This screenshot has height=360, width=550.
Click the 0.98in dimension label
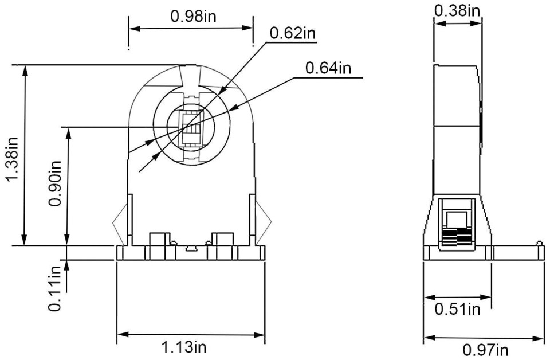193,16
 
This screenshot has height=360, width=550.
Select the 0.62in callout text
293,33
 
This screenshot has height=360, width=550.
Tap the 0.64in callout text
328,68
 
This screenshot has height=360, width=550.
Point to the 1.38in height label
12,159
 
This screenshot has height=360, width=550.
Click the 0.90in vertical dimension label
56,183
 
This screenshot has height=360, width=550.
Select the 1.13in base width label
184,347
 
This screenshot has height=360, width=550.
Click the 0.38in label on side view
457,10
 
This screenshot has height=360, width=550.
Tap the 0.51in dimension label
457,309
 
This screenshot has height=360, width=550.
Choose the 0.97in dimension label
485,350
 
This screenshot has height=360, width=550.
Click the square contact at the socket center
191,128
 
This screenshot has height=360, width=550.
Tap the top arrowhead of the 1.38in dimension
25,70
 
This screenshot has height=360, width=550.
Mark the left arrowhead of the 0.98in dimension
134,29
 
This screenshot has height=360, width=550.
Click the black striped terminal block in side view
457,237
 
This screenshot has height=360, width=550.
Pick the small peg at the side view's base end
540,244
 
